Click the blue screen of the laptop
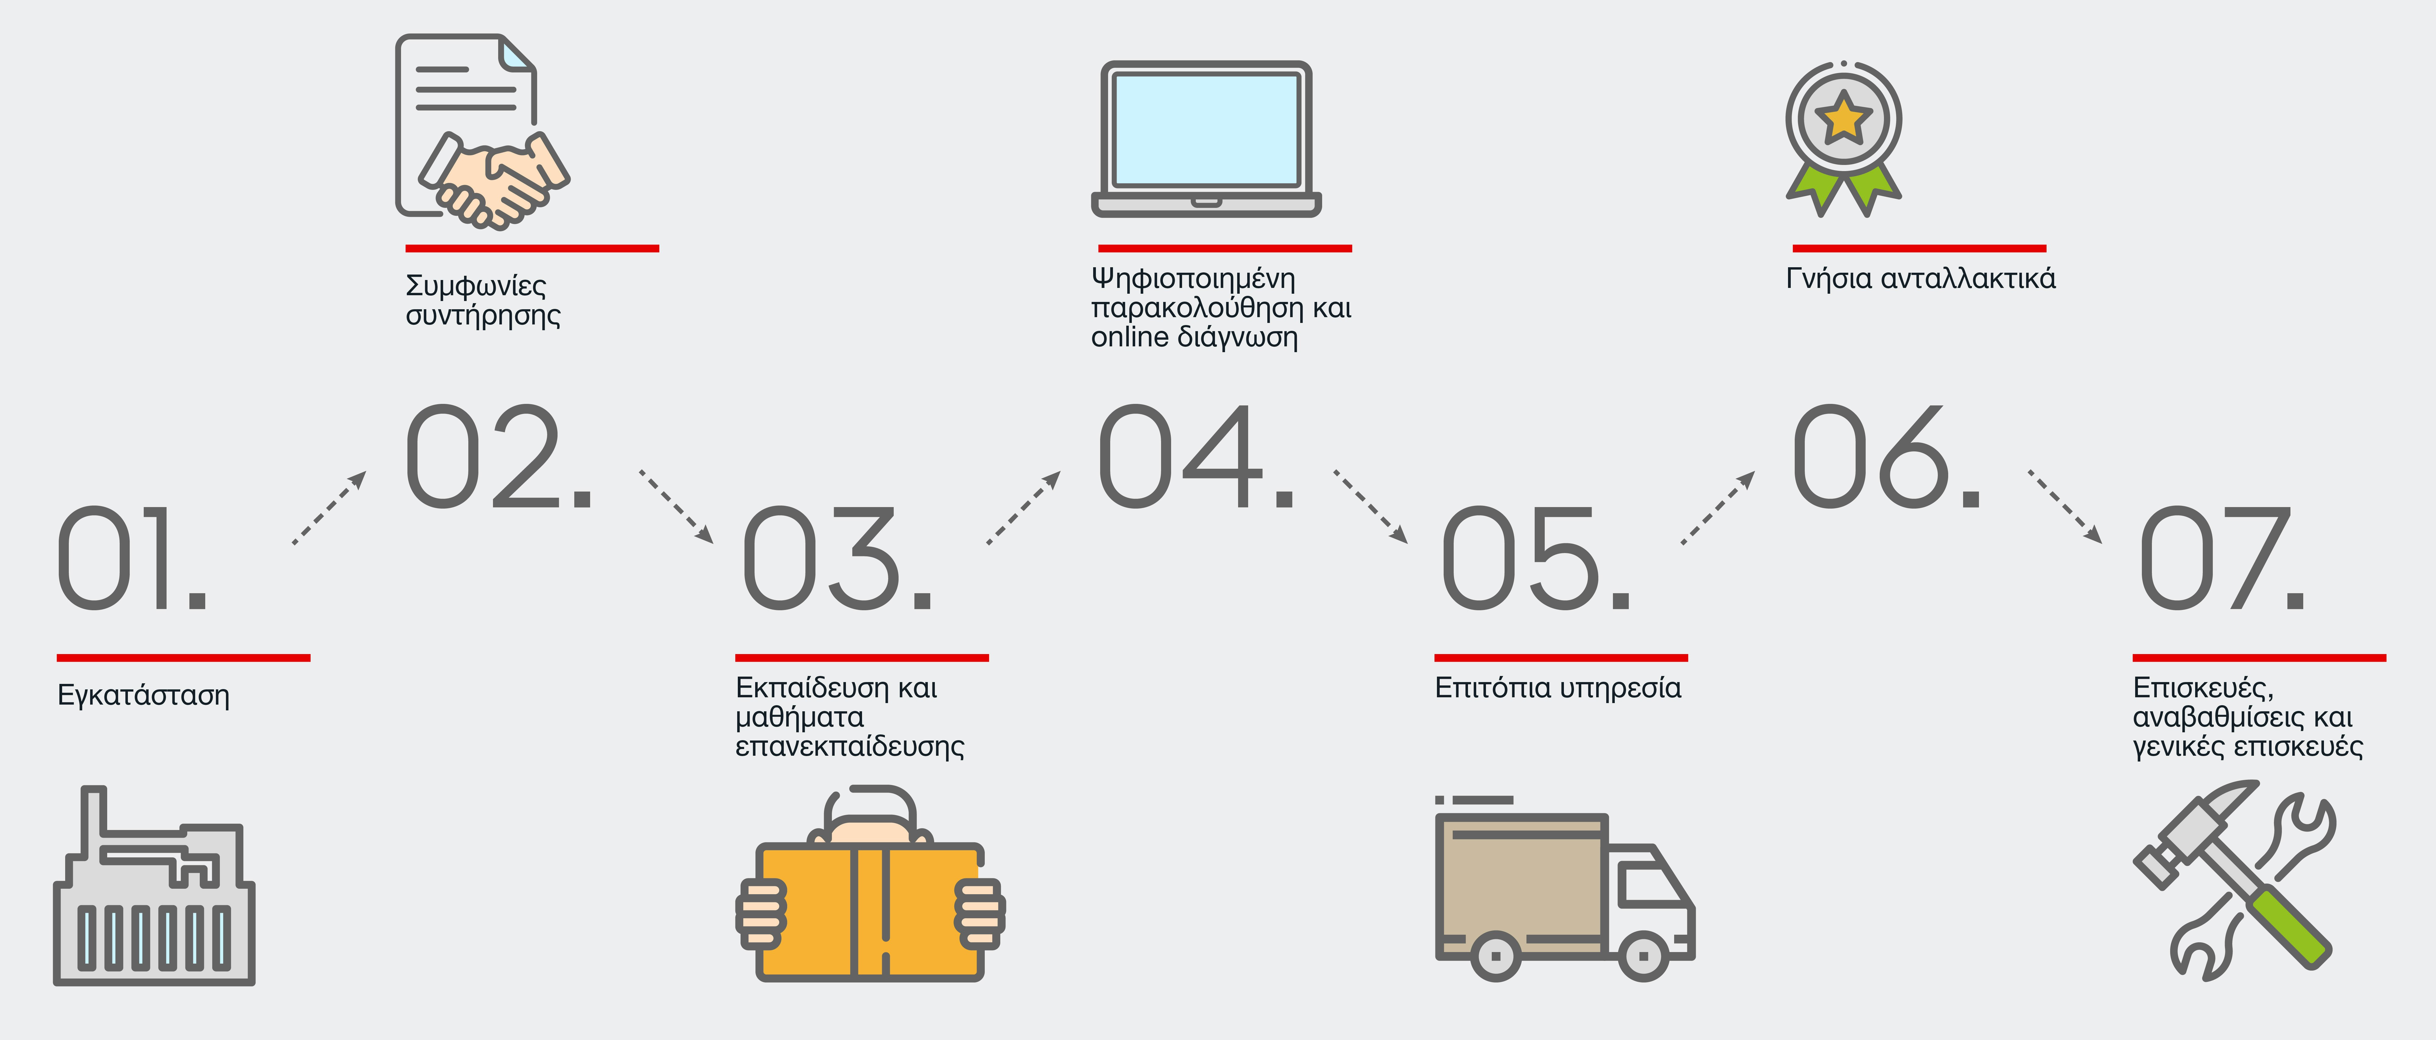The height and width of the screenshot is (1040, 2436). click(x=1206, y=130)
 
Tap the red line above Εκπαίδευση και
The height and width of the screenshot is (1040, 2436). click(x=861, y=657)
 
